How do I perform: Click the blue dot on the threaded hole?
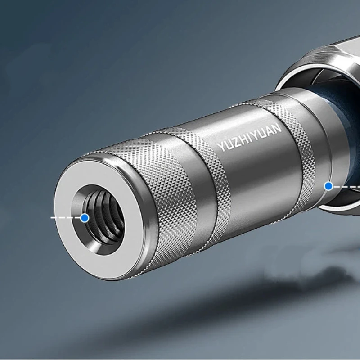pyautogui.click(x=85, y=218)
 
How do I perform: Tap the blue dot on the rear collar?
pyautogui.click(x=329, y=186)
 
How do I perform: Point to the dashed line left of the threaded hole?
pyautogui.click(x=66, y=217)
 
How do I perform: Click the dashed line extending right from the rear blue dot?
pyautogui.click(x=346, y=187)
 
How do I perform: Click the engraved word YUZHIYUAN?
pyautogui.click(x=249, y=137)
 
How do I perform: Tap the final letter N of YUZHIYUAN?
pyautogui.click(x=277, y=128)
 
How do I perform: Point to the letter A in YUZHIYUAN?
pyautogui.click(x=269, y=130)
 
